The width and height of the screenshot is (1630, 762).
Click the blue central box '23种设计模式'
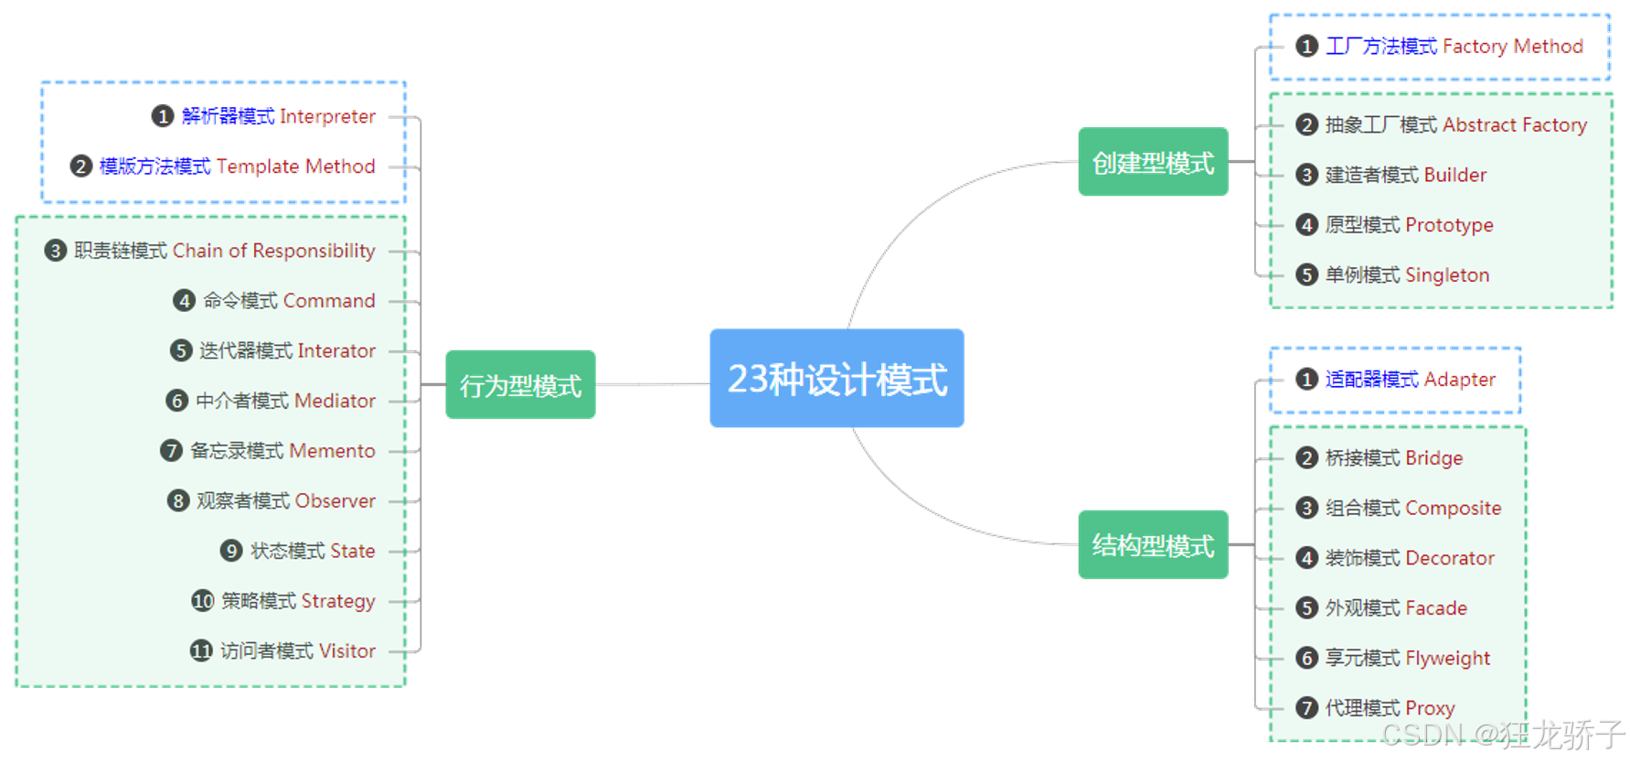pyautogui.click(x=836, y=378)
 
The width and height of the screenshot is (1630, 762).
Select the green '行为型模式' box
pyautogui.click(x=520, y=385)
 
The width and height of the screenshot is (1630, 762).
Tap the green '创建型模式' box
pyautogui.click(x=1153, y=162)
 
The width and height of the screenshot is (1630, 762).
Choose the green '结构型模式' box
pyautogui.click(x=1153, y=545)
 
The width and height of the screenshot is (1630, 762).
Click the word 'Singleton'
pyautogui.click(x=1447, y=275)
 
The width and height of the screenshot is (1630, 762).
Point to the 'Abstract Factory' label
pyautogui.click(x=1515, y=125)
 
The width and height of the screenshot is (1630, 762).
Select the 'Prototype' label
pyautogui.click(x=1449, y=225)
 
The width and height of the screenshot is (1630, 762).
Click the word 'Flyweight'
pyautogui.click(x=1448, y=659)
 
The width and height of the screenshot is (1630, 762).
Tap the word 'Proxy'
pyautogui.click(x=1430, y=708)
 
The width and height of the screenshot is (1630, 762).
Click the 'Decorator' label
pyautogui.click(x=1450, y=558)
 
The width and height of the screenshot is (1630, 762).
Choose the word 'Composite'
pyautogui.click(x=1454, y=509)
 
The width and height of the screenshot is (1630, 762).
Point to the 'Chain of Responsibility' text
pyautogui.click(x=274, y=251)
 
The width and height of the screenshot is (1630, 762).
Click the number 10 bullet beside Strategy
pyautogui.click(x=202, y=601)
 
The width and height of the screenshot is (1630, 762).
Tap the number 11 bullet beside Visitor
pyautogui.click(x=201, y=651)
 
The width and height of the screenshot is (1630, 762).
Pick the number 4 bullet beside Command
pyautogui.click(x=184, y=301)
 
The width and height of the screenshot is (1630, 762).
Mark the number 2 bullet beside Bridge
pyautogui.click(x=1306, y=458)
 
